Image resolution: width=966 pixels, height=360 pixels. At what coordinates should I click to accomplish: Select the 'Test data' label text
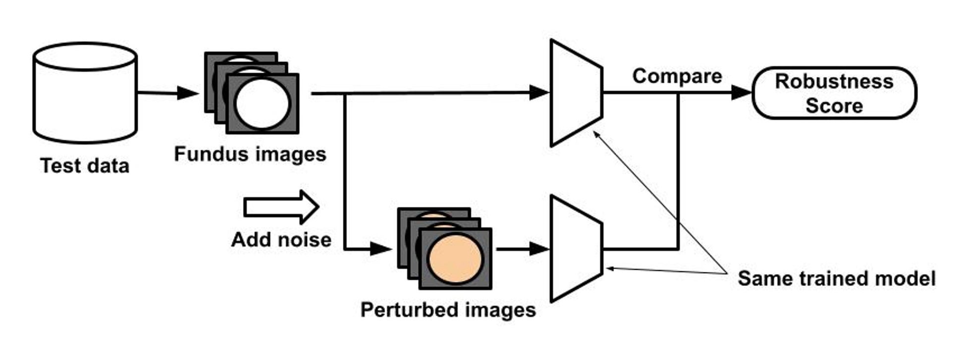85,166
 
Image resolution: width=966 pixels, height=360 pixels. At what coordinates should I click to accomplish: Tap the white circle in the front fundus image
262,104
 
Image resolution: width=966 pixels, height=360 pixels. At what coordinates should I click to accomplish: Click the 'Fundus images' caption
250,154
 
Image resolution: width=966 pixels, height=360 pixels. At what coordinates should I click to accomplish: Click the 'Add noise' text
281,240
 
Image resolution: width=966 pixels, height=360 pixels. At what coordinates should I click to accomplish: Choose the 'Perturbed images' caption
448,310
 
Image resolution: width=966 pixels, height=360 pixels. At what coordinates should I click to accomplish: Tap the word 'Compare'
677,76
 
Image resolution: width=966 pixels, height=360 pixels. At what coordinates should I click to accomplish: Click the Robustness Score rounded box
834,93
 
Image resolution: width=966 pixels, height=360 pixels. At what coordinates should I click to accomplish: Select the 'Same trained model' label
836,278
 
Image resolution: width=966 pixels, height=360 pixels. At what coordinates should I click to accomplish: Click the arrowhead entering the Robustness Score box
742,93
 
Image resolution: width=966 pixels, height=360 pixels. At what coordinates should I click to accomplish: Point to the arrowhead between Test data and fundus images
188,93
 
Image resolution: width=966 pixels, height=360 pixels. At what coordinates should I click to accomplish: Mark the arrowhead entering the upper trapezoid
539,93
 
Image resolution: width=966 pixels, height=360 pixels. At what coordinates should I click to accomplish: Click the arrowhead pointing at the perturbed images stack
381,249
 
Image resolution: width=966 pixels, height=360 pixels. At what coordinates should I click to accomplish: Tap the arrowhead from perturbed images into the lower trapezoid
539,249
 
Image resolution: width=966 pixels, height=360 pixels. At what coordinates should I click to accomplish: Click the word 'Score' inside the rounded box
834,106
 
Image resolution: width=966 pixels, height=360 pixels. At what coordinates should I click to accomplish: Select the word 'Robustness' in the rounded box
834,81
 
